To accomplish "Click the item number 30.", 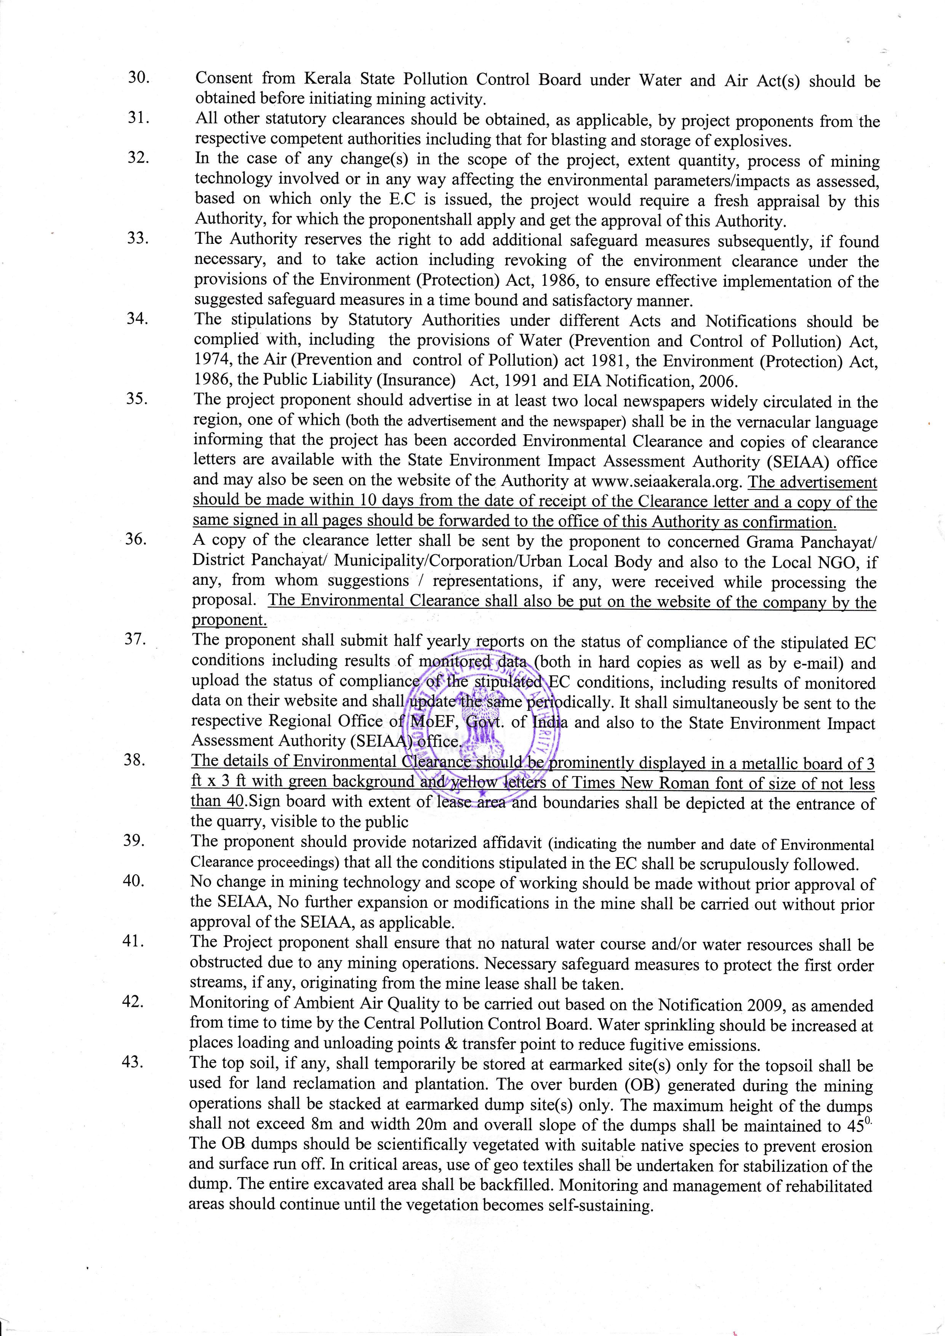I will click(139, 78).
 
